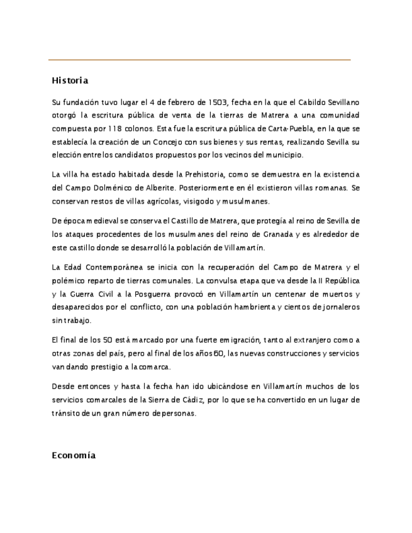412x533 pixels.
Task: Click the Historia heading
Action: (70, 80)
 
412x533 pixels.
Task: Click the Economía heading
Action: (74, 455)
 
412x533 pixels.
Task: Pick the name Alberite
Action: (162, 187)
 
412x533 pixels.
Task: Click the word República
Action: (339, 281)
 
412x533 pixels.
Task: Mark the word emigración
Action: (224, 340)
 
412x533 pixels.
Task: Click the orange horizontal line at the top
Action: (199, 60)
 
